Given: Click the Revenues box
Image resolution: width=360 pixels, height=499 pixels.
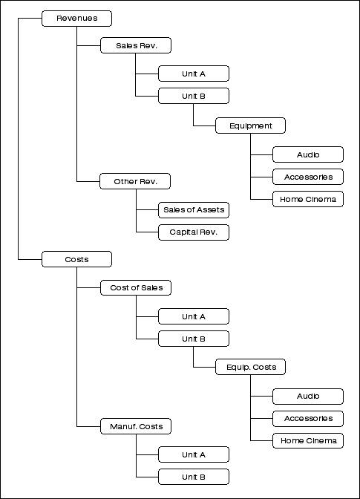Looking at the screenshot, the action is click(76, 19).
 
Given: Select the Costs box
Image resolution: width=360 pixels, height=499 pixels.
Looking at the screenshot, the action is click(76, 259).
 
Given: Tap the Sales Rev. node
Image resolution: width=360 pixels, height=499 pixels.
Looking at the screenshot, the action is click(136, 45).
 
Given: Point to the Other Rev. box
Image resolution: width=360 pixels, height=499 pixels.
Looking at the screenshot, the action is click(135, 181).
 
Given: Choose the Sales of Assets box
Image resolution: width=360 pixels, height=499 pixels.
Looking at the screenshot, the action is click(194, 210).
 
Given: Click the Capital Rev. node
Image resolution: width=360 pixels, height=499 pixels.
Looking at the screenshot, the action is click(194, 232).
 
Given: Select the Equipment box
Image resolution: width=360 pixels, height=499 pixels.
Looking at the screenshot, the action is click(251, 125).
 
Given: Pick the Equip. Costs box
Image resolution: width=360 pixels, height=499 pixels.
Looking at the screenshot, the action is click(251, 367).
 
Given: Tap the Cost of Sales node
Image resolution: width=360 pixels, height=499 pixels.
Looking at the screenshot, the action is click(136, 287).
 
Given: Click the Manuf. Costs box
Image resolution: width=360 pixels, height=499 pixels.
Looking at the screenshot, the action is click(136, 426).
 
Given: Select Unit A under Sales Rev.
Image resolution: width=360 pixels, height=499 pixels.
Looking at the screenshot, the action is click(194, 74).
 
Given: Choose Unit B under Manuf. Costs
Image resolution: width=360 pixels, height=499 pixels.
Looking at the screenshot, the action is click(194, 477).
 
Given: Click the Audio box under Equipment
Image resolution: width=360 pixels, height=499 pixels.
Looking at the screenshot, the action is click(308, 154).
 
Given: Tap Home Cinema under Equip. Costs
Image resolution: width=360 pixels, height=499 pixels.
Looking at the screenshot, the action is click(308, 441).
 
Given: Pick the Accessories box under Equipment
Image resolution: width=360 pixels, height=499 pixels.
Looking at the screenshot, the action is click(308, 177).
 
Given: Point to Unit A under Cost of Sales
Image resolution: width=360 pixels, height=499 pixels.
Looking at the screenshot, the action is click(194, 316).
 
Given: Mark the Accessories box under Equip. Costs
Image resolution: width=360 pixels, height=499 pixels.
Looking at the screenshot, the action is click(308, 419).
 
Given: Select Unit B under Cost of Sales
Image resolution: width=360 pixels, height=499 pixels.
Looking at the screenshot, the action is click(194, 339).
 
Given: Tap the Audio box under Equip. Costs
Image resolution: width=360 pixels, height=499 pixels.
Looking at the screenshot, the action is click(308, 397).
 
